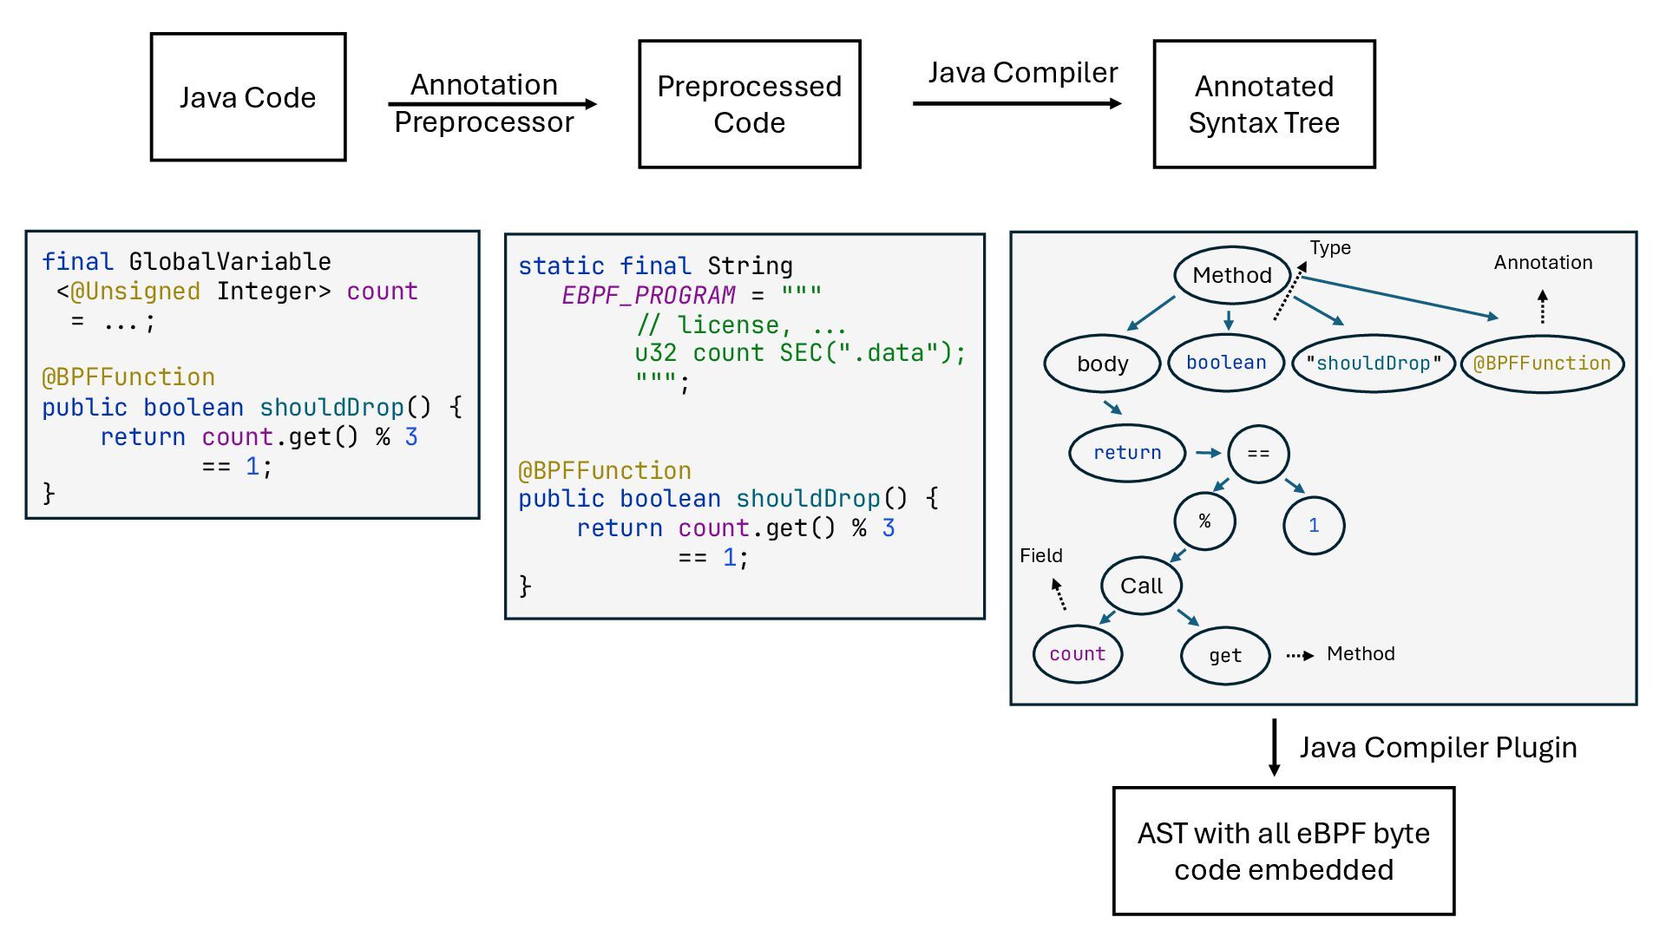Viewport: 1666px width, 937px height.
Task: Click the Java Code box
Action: coord(248,97)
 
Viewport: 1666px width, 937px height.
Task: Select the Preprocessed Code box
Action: coord(750,104)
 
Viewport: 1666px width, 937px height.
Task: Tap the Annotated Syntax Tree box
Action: coord(1264,104)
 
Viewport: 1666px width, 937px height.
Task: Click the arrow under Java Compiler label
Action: coord(1017,103)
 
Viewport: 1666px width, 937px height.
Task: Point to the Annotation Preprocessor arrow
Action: coord(492,104)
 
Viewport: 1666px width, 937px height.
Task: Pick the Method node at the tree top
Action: coord(1231,275)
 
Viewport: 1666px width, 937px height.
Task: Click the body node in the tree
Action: coord(1102,364)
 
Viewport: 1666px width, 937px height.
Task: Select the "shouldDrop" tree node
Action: coord(1373,364)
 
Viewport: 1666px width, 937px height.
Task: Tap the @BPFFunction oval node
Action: coord(1542,364)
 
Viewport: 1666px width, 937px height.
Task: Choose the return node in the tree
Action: coord(1127,453)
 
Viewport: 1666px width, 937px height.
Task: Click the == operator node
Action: coord(1258,454)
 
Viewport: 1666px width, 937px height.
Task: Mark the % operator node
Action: coord(1204,521)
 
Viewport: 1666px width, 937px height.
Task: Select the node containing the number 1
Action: coord(1314,525)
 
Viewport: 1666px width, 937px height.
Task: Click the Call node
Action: coord(1141,586)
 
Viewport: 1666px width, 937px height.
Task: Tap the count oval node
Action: coord(1078,654)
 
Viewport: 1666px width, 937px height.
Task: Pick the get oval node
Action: coord(1225,656)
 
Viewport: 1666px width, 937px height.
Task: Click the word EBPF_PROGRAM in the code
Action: coord(648,296)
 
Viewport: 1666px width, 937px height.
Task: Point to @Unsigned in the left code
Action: coord(135,292)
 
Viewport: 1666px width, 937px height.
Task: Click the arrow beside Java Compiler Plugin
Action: coord(1274,747)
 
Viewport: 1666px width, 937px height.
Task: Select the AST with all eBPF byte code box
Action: coord(1283,851)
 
